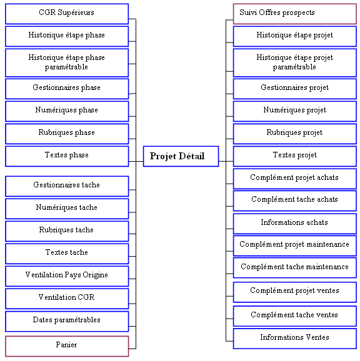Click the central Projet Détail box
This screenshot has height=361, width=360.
pyautogui.click(x=181, y=156)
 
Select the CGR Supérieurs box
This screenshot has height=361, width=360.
pyautogui.click(x=67, y=14)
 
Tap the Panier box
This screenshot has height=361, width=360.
pyautogui.click(x=67, y=346)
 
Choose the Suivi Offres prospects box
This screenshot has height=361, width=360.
pyautogui.click(x=295, y=14)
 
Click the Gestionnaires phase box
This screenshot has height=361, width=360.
pyautogui.click(x=67, y=89)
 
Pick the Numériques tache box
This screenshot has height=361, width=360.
pyautogui.click(x=67, y=209)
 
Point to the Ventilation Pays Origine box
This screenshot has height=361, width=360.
pyautogui.click(x=67, y=276)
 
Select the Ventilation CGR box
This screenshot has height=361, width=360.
pyautogui.click(x=67, y=299)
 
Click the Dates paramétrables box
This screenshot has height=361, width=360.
pyautogui.click(x=67, y=322)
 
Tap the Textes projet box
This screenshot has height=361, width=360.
pyautogui.click(x=295, y=156)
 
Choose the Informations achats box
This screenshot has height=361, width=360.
pyautogui.click(x=295, y=224)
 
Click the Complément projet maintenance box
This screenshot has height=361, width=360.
pyautogui.click(x=295, y=245)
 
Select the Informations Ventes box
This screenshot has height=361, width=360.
pyautogui.click(x=295, y=339)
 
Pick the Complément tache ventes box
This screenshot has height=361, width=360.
pyautogui.click(x=295, y=316)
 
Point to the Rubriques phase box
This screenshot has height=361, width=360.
pyautogui.click(x=67, y=134)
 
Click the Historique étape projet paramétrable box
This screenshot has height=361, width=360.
pyautogui.click(x=295, y=62)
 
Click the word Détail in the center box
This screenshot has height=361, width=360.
pyautogui.click(x=191, y=156)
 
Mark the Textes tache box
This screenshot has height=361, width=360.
pyautogui.click(x=67, y=254)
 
